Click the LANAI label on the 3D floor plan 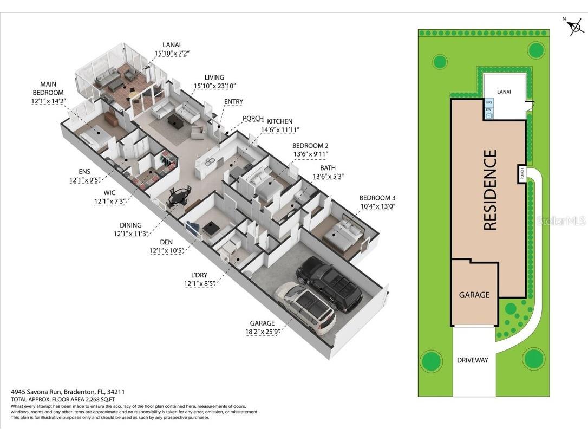coord(172,44)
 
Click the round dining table coord(180,196)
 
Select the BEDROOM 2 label coord(310,146)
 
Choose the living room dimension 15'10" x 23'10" coord(214,86)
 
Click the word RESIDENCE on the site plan coord(489,190)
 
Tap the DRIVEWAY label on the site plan coord(472,360)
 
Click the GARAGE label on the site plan coord(474,295)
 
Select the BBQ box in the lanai coord(488,102)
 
